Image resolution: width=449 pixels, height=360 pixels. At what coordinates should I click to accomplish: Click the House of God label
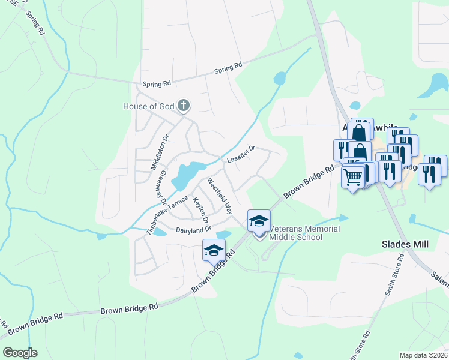point(148,106)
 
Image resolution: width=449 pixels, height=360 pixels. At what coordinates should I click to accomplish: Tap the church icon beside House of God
point(184,106)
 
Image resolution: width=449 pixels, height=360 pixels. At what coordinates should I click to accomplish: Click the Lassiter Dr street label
point(241,155)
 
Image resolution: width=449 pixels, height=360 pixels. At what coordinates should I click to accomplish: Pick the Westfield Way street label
point(220,197)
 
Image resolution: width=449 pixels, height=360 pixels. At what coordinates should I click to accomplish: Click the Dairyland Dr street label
point(193,230)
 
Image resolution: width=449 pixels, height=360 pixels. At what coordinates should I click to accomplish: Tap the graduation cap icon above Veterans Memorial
point(259,220)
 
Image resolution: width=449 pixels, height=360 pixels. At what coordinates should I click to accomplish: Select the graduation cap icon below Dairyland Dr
point(214,250)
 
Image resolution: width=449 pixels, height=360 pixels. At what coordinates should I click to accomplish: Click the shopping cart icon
point(353,176)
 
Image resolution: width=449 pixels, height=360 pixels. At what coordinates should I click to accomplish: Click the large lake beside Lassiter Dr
point(188,173)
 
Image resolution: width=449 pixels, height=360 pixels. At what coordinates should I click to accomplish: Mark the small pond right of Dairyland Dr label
point(223,234)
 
